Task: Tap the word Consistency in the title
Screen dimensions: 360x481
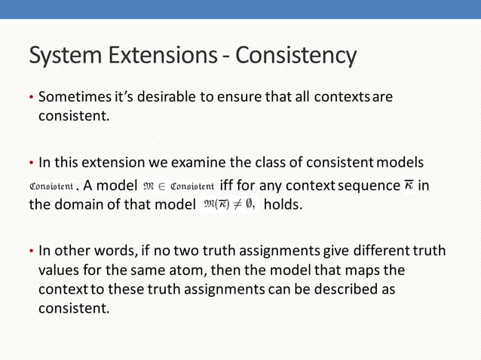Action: pos(296,56)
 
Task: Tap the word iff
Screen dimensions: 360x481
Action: pos(228,185)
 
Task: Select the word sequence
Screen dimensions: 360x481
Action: pos(366,185)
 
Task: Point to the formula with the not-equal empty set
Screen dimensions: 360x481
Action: pos(229,204)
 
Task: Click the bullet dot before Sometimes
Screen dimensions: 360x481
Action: pos(31,99)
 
